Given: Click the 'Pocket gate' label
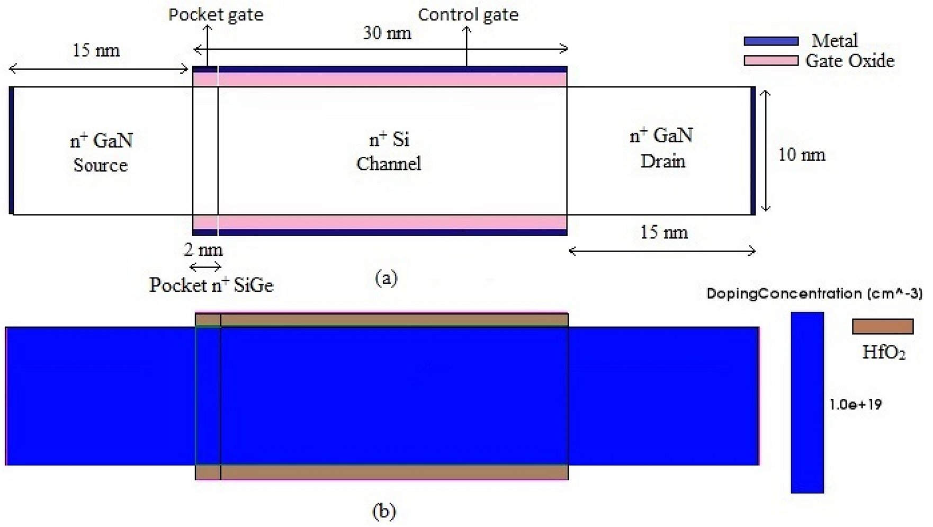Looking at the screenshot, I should (216, 15).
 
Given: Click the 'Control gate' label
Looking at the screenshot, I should (468, 15).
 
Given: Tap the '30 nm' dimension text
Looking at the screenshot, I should (387, 33).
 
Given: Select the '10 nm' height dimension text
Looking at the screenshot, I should (801, 155).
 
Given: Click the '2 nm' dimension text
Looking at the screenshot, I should (203, 249).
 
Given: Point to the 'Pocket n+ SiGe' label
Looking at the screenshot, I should (211, 285).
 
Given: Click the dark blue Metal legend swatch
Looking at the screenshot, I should (771, 41).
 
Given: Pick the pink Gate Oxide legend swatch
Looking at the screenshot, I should (771, 61).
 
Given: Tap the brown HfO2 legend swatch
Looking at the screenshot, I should (883, 326).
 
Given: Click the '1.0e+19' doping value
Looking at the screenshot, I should (855, 405).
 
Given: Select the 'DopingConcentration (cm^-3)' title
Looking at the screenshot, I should (814, 293).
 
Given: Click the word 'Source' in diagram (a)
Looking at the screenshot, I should (101, 165).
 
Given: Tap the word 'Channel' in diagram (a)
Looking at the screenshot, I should (389, 164).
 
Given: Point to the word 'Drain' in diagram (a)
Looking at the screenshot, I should (662, 161).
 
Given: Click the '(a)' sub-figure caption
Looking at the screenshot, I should (385, 278).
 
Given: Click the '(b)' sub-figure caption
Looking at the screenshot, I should (384, 512).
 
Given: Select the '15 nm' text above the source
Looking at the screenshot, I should (96, 51).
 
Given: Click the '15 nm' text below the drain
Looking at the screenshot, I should (663, 233).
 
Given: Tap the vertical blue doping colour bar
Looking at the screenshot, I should (807, 403).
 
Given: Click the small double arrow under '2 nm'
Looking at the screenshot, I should (205, 266).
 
